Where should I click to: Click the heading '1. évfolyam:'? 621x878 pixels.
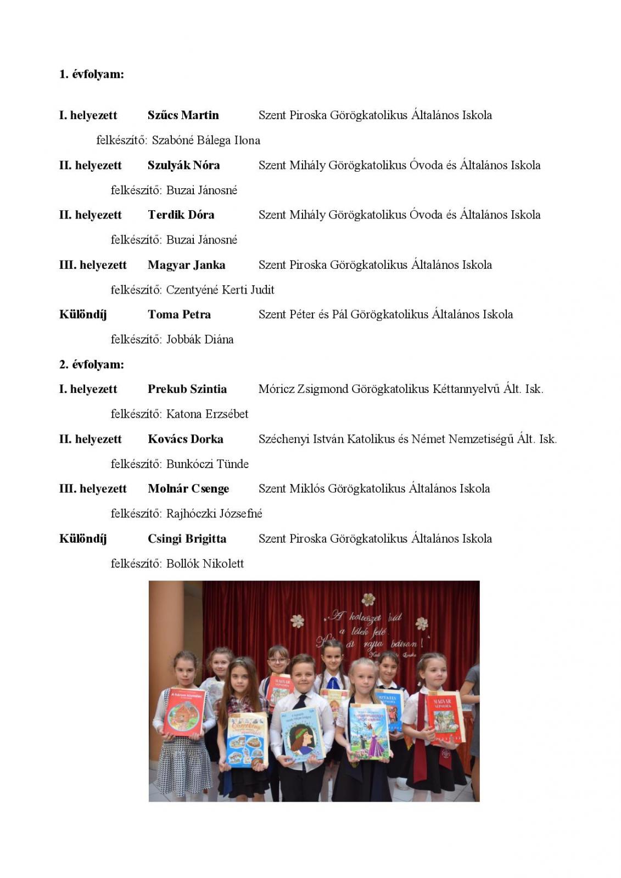click(x=91, y=74)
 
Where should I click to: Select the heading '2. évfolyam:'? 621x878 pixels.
click(x=91, y=364)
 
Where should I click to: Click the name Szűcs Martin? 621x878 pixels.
click(x=183, y=115)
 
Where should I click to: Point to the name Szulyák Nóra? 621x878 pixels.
click(x=183, y=165)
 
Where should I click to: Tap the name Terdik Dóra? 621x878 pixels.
click(x=181, y=215)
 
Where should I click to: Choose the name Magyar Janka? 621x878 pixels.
click(x=186, y=265)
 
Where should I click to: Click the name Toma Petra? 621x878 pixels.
click(x=179, y=314)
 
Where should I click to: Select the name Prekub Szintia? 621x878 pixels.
click(x=187, y=389)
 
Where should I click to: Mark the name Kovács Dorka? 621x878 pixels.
click(x=185, y=439)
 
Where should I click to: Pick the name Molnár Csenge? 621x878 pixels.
click(x=188, y=488)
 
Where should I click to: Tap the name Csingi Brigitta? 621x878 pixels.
click(x=187, y=538)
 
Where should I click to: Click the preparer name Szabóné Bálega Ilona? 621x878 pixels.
click(x=206, y=140)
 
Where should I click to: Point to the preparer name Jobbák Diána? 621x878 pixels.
click(x=200, y=340)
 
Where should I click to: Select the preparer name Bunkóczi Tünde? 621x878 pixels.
click(x=208, y=464)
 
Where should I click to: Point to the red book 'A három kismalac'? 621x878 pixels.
click(x=184, y=712)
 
